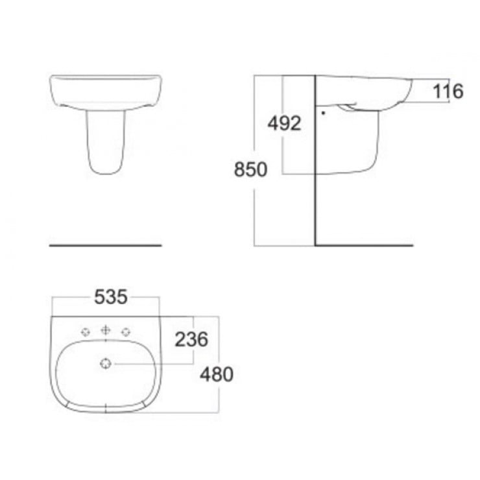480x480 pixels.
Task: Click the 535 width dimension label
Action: coord(112,297)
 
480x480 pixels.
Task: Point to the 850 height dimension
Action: coord(250,170)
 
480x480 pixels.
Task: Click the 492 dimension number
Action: coord(284,123)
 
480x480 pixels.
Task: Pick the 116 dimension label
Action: coord(448,92)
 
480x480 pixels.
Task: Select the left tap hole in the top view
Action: coord(85,332)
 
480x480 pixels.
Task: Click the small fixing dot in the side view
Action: coord(322,112)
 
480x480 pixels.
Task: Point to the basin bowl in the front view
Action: coord(105,91)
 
